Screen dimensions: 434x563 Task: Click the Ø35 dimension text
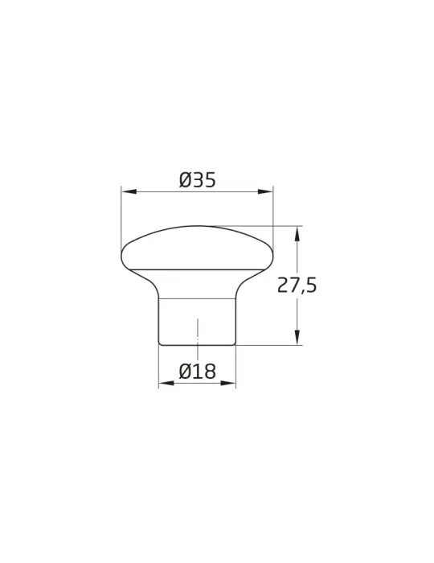click(198, 180)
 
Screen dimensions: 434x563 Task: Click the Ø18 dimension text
click(198, 371)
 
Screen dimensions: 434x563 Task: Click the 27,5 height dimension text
click(297, 286)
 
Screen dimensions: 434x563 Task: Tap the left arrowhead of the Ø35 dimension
click(129, 192)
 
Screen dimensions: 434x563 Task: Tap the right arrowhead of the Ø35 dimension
click(265, 192)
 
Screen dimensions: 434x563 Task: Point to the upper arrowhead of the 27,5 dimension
click(297, 234)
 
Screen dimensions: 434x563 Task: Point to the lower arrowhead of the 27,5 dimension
click(297, 338)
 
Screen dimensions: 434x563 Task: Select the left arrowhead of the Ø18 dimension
click(166, 383)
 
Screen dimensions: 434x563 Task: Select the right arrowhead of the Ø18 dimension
click(228, 383)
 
